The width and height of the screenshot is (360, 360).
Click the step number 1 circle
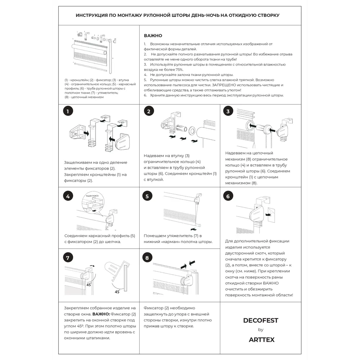point(67,111)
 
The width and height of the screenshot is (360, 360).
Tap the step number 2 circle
point(149,111)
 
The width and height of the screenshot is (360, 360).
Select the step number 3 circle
point(228,111)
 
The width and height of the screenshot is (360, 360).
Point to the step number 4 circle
point(67,196)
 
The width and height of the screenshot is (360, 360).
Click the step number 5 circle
point(147,196)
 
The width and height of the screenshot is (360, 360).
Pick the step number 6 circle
point(228,196)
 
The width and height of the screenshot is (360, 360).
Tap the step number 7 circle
point(67,258)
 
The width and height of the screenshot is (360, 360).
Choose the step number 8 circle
point(147,258)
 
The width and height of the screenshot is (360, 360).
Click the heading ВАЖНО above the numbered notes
point(153,36)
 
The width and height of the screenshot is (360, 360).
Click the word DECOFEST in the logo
point(261,320)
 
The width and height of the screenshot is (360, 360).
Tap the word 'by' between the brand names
point(261,330)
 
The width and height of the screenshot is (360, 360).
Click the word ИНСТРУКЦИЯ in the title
point(91,15)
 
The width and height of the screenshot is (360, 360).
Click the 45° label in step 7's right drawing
point(117,292)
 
